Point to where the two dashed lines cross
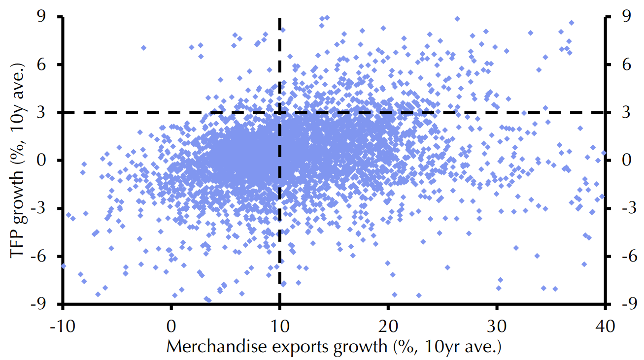click(x=280, y=113)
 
